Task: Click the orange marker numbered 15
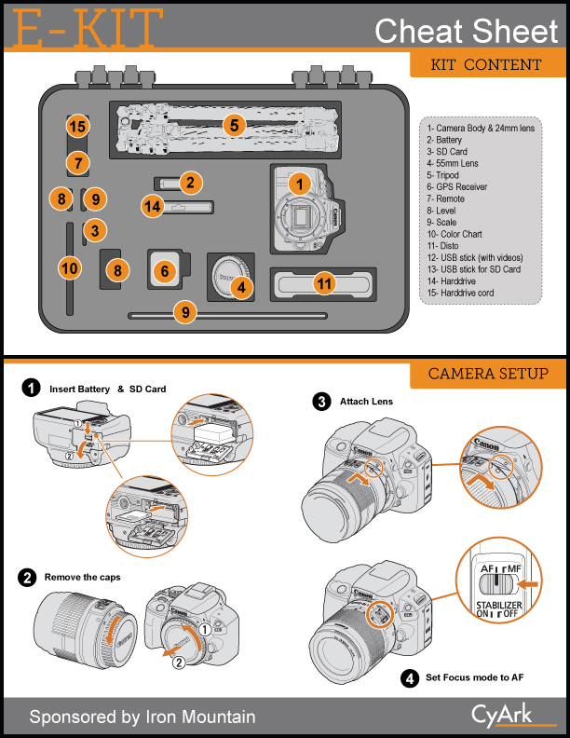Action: click(77, 127)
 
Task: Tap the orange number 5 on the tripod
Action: click(235, 124)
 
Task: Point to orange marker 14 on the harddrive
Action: click(153, 206)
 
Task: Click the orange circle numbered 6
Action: click(165, 270)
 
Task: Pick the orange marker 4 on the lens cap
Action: click(241, 288)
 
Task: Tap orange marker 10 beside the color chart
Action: click(69, 268)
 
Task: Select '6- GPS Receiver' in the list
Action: click(457, 186)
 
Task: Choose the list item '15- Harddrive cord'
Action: click(463, 293)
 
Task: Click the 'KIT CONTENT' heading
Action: click(486, 65)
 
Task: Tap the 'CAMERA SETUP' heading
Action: click(488, 375)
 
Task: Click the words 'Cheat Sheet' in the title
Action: click(466, 31)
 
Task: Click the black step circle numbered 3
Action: click(322, 403)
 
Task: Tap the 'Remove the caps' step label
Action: click(83, 578)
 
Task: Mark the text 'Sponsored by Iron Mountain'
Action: click(142, 717)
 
